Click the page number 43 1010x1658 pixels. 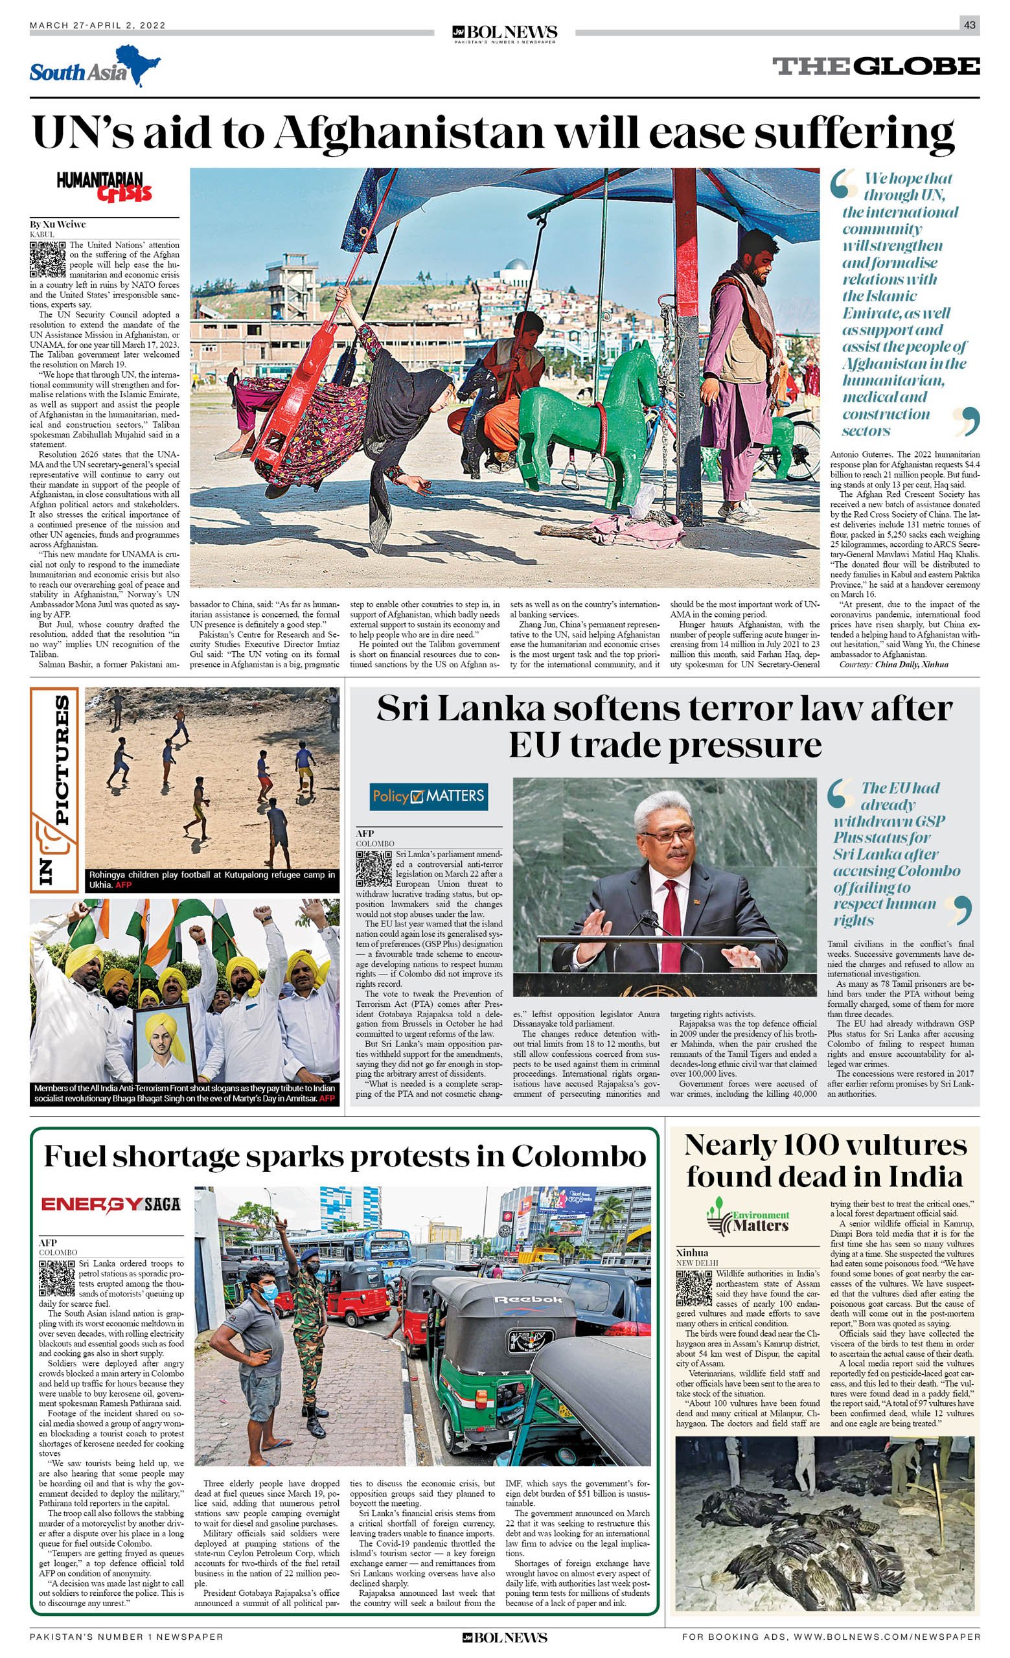(x=969, y=25)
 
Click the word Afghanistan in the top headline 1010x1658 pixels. (x=408, y=133)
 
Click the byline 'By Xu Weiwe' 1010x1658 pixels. (x=58, y=224)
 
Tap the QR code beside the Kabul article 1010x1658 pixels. (x=48, y=259)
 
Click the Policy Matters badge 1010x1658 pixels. (x=429, y=797)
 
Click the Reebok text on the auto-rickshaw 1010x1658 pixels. (x=527, y=1298)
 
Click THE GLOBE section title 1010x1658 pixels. (x=875, y=66)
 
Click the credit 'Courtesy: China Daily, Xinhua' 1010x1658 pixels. (x=893, y=665)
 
